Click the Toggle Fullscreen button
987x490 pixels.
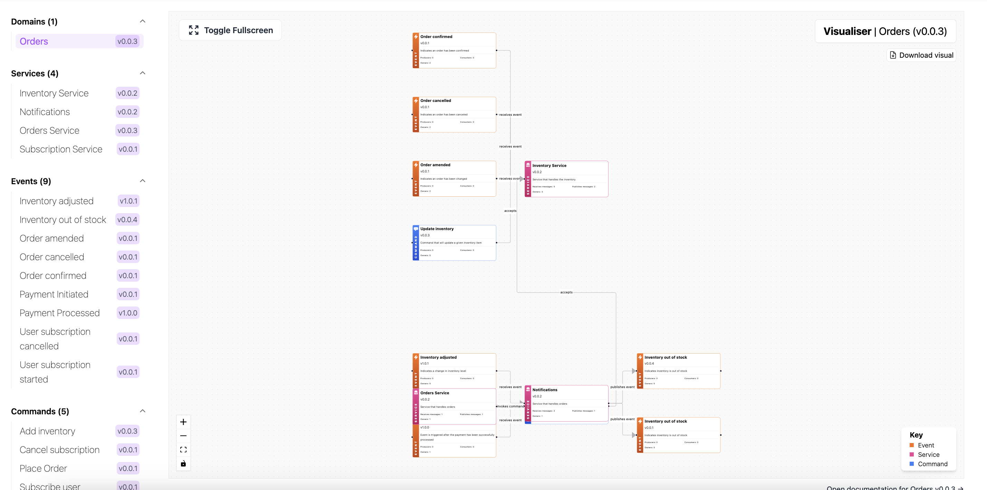coord(231,30)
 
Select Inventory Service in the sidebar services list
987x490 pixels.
coord(54,93)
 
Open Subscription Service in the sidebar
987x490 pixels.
coord(61,149)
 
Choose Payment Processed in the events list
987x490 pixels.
coord(59,313)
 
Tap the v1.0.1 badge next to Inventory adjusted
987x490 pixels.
coord(128,201)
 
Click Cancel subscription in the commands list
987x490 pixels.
coord(59,450)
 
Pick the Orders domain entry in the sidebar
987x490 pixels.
coord(34,41)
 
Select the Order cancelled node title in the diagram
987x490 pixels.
coord(435,101)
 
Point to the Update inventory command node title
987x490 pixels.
coord(437,229)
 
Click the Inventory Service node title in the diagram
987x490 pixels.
coord(549,166)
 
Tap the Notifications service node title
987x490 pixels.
coord(545,390)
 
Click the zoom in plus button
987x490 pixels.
coord(183,422)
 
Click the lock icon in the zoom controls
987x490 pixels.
coord(183,463)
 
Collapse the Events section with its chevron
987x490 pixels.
coord(143,181)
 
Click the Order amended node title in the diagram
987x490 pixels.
coord(435,165)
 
